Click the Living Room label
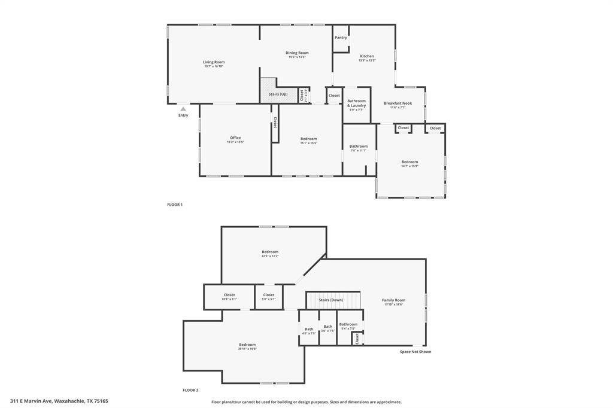click(x=213, y=62)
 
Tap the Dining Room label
click(x=296, y=53)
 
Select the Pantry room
click(x=341, y=38)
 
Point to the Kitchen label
click(x=366, y=56)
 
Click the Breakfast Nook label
click(x=397, y=103)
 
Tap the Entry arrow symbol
click(x=183, y=109)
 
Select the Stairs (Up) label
click(x=278, y=95)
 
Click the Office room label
click(x=235, y=138)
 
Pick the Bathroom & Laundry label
click(x=356, y=103)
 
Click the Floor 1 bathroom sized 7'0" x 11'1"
click(x=359, y=147)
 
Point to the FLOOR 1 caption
click(x=175, y=205)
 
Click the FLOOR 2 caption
click(x=190, y=390)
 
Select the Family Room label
click(x=393, y=300)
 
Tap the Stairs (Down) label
click(x=330, y=300)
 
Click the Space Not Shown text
click(x=415, y=352)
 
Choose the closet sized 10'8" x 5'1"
click(x=229, y=295)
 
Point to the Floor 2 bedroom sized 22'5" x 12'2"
click(x=270, y=252)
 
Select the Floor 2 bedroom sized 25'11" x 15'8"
click(x=247, y=345)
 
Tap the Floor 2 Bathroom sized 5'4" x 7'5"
click(x=348, y=325)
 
